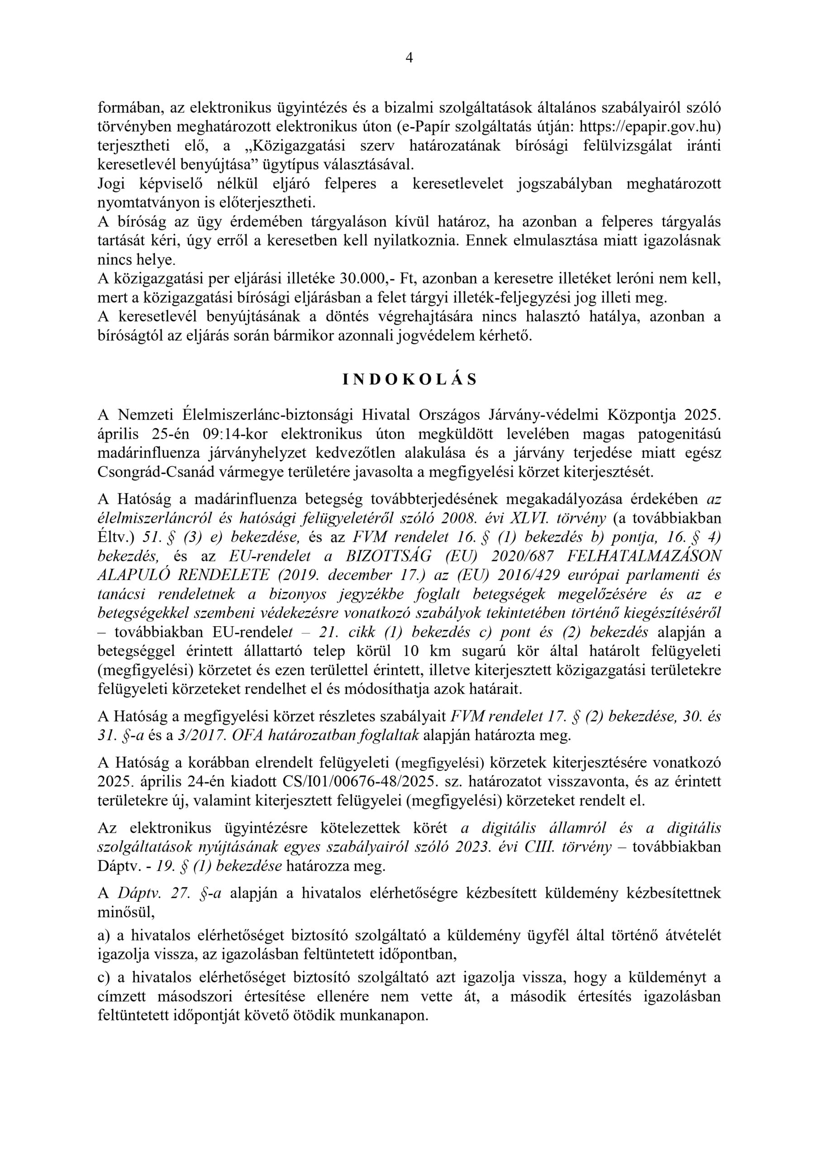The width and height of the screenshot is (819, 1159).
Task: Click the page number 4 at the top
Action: (x=409, y=58)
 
